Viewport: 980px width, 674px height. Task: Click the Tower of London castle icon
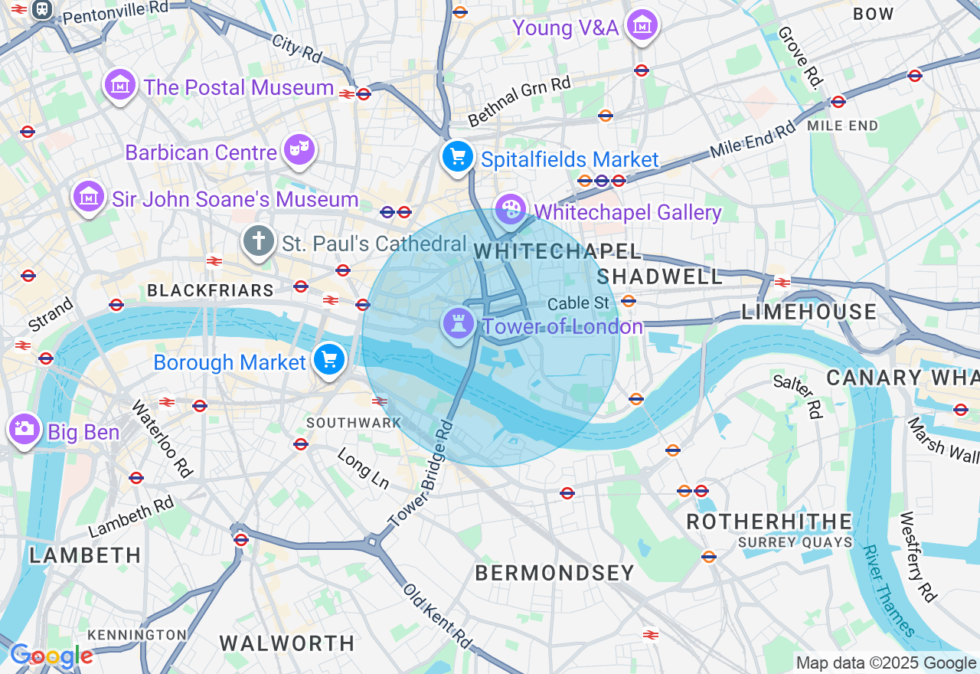pyautogui.click(x=459, y=325)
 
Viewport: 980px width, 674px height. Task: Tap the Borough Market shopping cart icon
pyautogui.click(x=329, y=359)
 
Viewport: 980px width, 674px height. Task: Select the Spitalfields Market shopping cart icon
pyautogui.click(x=457, y=157)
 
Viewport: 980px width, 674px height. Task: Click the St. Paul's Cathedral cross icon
pyautogui.click(x=259, y=242)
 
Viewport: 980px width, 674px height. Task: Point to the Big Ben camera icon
pyautogui.click(x=24, y=430)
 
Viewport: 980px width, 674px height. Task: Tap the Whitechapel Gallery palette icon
pyautogui.click(x=511, y=209)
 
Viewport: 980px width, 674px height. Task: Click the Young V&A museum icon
pyautogui.click(x=642, y=26)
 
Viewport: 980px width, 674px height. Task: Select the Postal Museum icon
pyautogui.click(x=120, y=85)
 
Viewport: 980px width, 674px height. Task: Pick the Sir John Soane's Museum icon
pyautogui.click(x=89, y=197)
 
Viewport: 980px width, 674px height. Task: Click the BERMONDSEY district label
pyautogui.click(x=554, y=573)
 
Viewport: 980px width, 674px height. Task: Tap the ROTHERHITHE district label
pyautogui.click(x=769, y=522)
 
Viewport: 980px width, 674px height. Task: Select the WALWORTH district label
pyautogui.click(x=287, y=643)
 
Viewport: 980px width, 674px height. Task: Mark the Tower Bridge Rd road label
pyautogui.click(x=422, y=474)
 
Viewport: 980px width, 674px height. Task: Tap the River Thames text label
pyautogui.click(x=888, y=591)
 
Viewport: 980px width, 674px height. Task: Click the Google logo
pyautogui.click(x=51, y=656)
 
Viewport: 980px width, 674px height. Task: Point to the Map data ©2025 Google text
pyautogui.click(x=886, y=663)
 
